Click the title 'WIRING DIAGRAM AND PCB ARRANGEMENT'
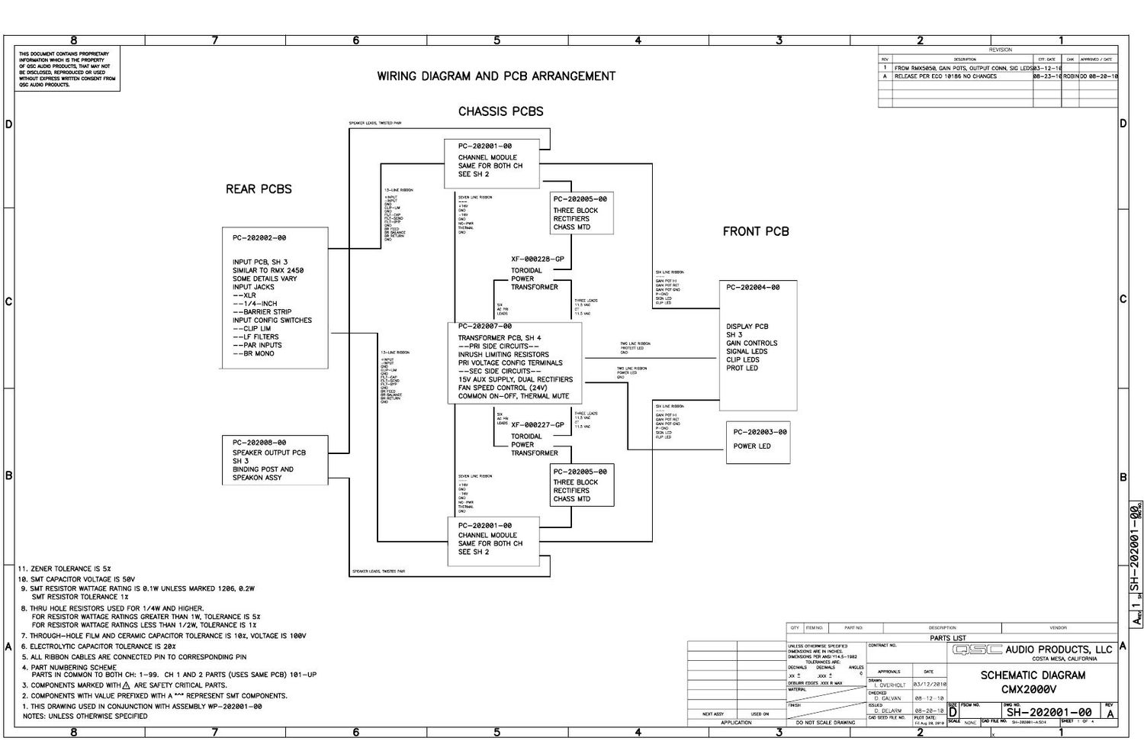click(x=496, y=76)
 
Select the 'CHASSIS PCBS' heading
click(x=500, y=111)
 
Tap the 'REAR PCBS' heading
click(x=259, y=189)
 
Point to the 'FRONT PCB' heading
click(x=756, y=231)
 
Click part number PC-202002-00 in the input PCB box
click(x=259, y=238)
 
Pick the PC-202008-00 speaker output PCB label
click(x=259, y=443)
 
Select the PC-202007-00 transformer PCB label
click(x=484, y=327)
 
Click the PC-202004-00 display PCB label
click(x=753, y=288)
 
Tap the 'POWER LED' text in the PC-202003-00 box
click(x=751, y=446)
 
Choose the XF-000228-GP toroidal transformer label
click(x=537, y=259)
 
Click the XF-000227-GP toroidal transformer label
click(x=537, y=425)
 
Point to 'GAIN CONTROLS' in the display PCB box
click(x=751, y=343)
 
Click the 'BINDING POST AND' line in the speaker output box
click(x=262, y=469)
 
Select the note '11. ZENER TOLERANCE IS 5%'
click(x=65, y=569)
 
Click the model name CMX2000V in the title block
click(x=1029, y=689)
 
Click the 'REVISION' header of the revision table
click(x=1000, y=50)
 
